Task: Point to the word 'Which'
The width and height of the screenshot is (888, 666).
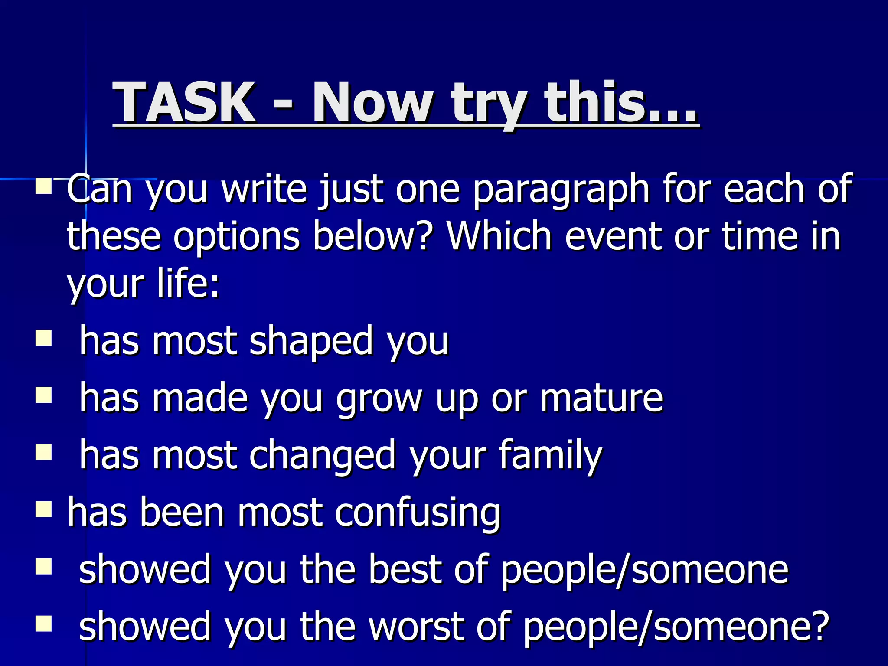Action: point(499,236)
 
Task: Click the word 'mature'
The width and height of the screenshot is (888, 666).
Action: point(601,398)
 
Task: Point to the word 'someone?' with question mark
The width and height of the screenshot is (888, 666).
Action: point(741,627)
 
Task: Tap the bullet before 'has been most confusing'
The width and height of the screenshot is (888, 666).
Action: point(43,509)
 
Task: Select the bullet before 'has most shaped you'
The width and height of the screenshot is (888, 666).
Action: point(43,338)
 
